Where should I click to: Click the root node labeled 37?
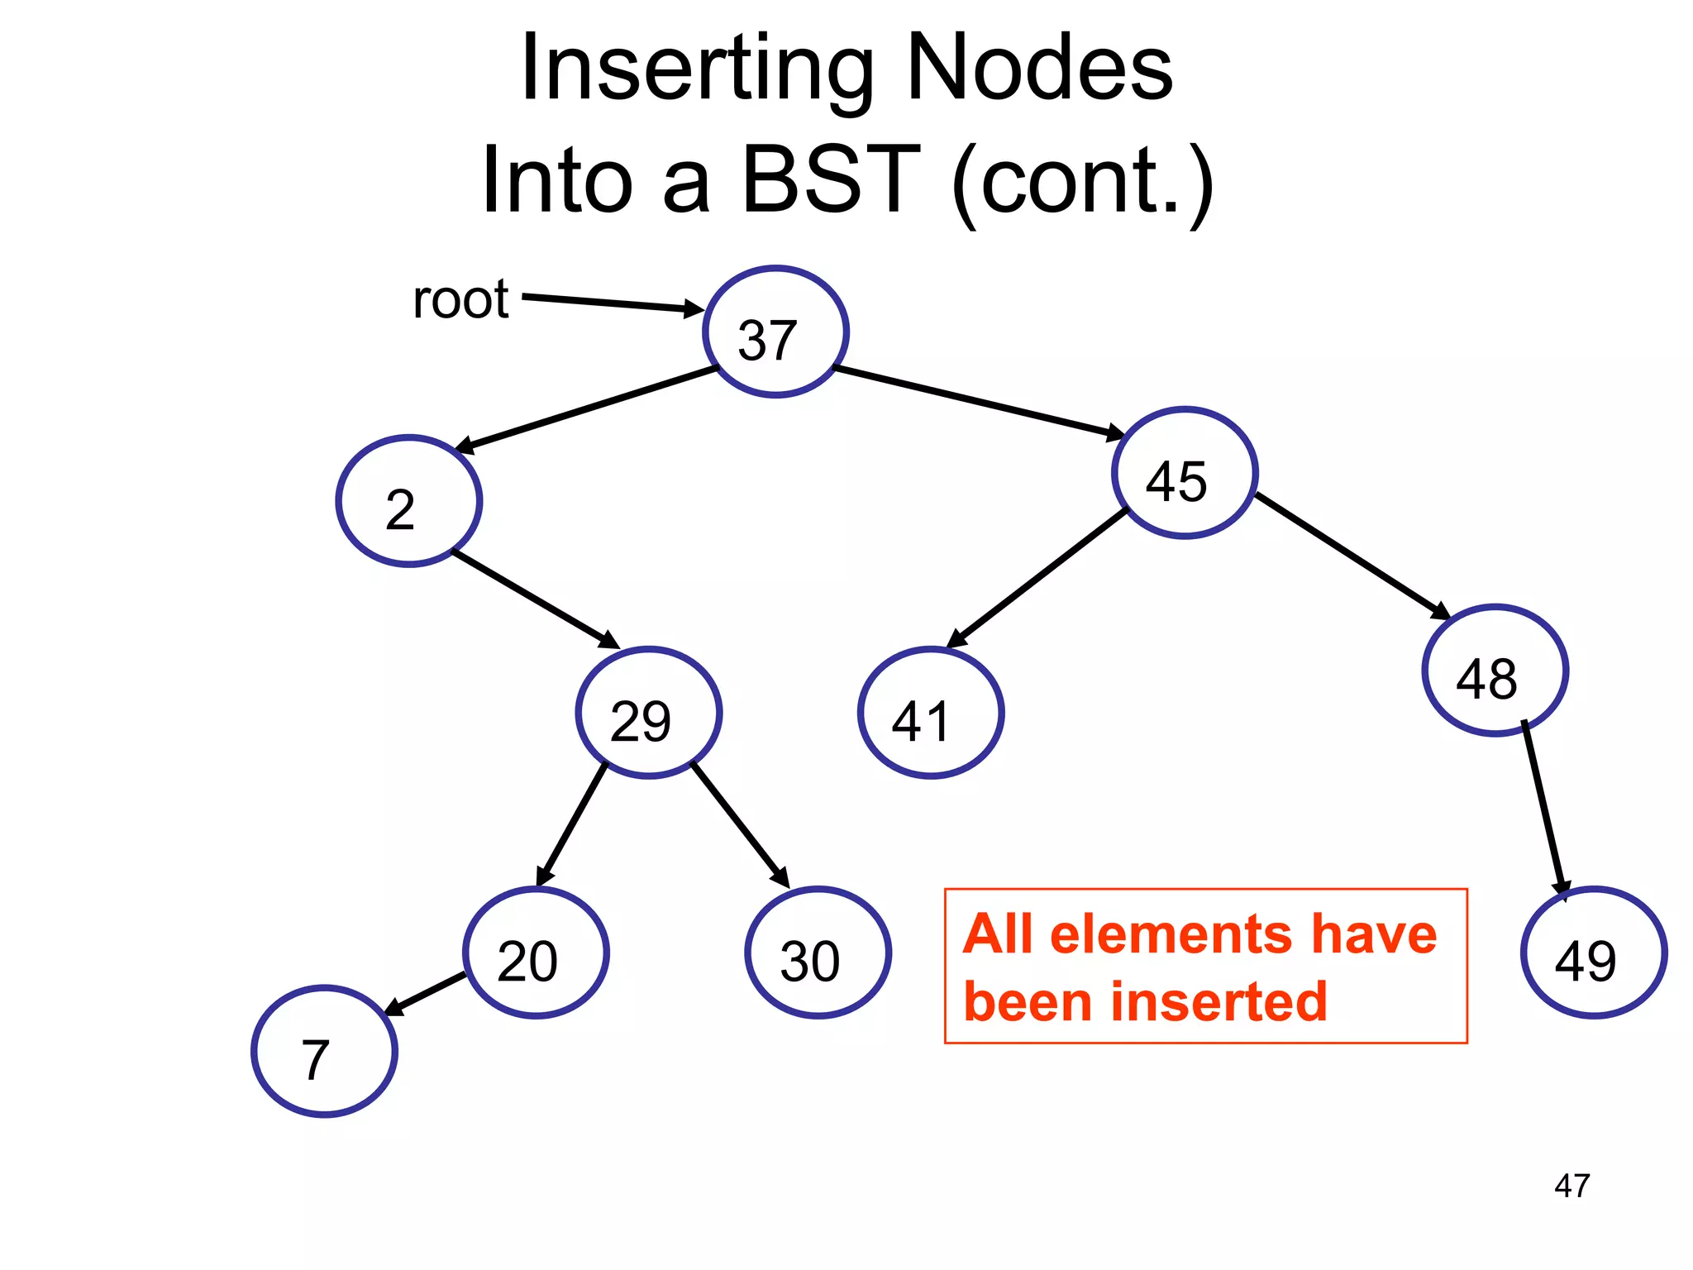pos(775,332)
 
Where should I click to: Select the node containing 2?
pos(409,501)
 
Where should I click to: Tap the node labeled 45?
pos(1185,473)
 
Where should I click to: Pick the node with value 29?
pos(649,713)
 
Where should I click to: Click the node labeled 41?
pos(931,713)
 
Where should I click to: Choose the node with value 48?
pos(1495,671)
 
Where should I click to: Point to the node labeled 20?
pos(537,952)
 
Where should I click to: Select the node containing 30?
pos(818,952)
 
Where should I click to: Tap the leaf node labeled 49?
pos(1593,952)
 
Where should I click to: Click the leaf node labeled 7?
pos(325,1052)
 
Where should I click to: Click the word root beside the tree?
pos(460,299)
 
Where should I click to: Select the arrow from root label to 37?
pos(612,303)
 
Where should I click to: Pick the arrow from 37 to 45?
pos(980,401)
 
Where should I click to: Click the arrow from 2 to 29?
pos(536,599)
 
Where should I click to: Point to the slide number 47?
pos(1571,1186)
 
